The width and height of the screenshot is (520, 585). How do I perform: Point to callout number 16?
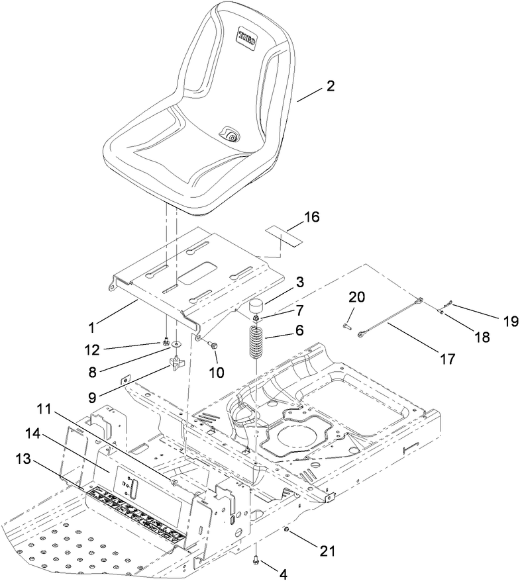tap(311, 216)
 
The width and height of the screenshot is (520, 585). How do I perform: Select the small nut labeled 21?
tap(286, 530)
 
